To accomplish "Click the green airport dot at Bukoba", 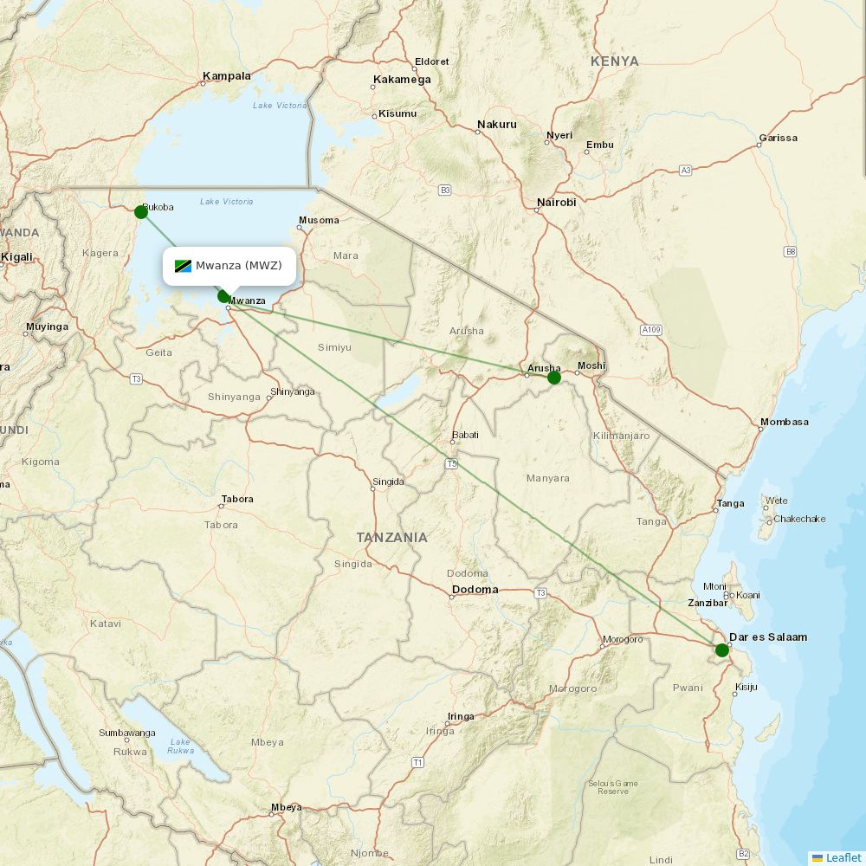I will point(141,212).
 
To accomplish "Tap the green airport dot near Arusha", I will point(554,378).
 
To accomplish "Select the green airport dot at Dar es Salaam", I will point(721,650).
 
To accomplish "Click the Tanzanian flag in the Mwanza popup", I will point(183,266).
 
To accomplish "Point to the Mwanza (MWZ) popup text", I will point(238,266).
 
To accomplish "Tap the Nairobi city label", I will point(556,203).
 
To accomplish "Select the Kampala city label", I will point(227,76).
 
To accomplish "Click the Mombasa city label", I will point(785,422).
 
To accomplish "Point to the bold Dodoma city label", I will point(475,590).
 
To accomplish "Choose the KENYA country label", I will point(615,61).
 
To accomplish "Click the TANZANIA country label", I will point(392,538).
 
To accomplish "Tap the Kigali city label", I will point(17,257).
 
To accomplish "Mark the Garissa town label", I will point(778,138).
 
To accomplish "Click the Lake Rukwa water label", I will point(181,746).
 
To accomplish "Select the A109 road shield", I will point(651,330).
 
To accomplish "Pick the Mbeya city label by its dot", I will point(287,808).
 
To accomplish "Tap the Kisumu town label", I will point(397,113).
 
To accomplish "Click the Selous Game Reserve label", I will point(613,787).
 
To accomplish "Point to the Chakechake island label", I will point(799,520).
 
